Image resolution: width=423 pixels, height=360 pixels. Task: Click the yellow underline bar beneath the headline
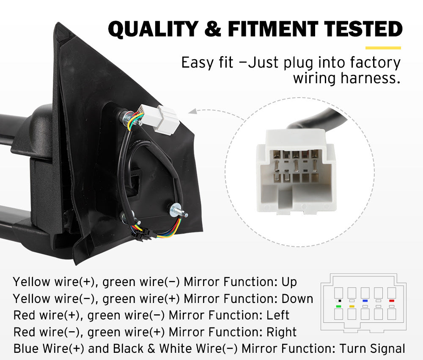[383, 48]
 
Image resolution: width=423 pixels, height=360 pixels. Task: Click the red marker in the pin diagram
[392, 300]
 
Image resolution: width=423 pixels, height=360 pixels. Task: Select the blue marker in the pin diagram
[365, 300]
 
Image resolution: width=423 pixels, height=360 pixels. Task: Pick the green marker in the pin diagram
[338, 306]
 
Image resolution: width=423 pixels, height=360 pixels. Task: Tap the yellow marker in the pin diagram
[352, 306]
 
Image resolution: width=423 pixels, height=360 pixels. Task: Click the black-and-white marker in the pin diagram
[338, 300]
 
